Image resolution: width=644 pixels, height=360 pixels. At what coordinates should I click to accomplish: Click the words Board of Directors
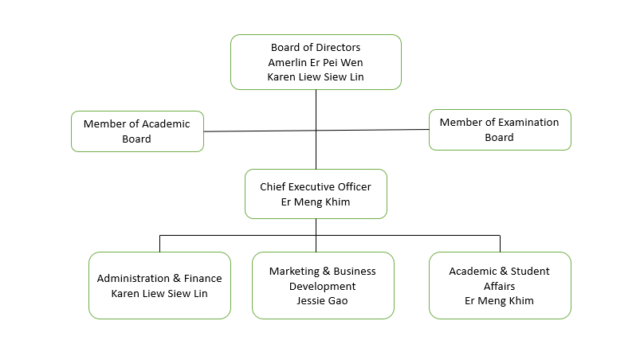(x=316, y=48)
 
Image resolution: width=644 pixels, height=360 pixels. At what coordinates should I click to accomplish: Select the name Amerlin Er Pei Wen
(x=316, y=62)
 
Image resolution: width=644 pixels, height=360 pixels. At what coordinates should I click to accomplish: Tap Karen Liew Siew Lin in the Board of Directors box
(x=316, y=77)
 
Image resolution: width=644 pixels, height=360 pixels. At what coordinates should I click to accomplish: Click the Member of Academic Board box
(x=137, y=131)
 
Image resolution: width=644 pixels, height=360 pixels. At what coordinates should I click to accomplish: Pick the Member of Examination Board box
(x=500, y=130)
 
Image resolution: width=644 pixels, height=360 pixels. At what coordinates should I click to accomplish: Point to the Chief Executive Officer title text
(x=316, y=186)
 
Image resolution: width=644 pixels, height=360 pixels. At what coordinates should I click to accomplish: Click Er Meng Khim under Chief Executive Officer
(x=316, y=202)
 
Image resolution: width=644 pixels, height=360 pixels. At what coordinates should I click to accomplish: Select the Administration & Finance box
(x=159, y=285)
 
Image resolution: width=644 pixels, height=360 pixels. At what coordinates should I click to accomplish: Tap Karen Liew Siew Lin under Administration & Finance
(x=159, y=293)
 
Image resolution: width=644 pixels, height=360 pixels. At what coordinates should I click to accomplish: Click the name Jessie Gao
(x=323, y=301)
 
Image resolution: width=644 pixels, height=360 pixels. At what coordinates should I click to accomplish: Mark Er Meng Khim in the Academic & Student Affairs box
(x=500, y=301)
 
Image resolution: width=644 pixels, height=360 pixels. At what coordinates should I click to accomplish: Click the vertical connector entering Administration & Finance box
(x=159, y=243)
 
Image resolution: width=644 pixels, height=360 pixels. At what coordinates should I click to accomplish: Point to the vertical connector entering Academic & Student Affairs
(x=500, y=243)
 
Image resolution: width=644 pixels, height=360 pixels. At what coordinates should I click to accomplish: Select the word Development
(x=323, y=286)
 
